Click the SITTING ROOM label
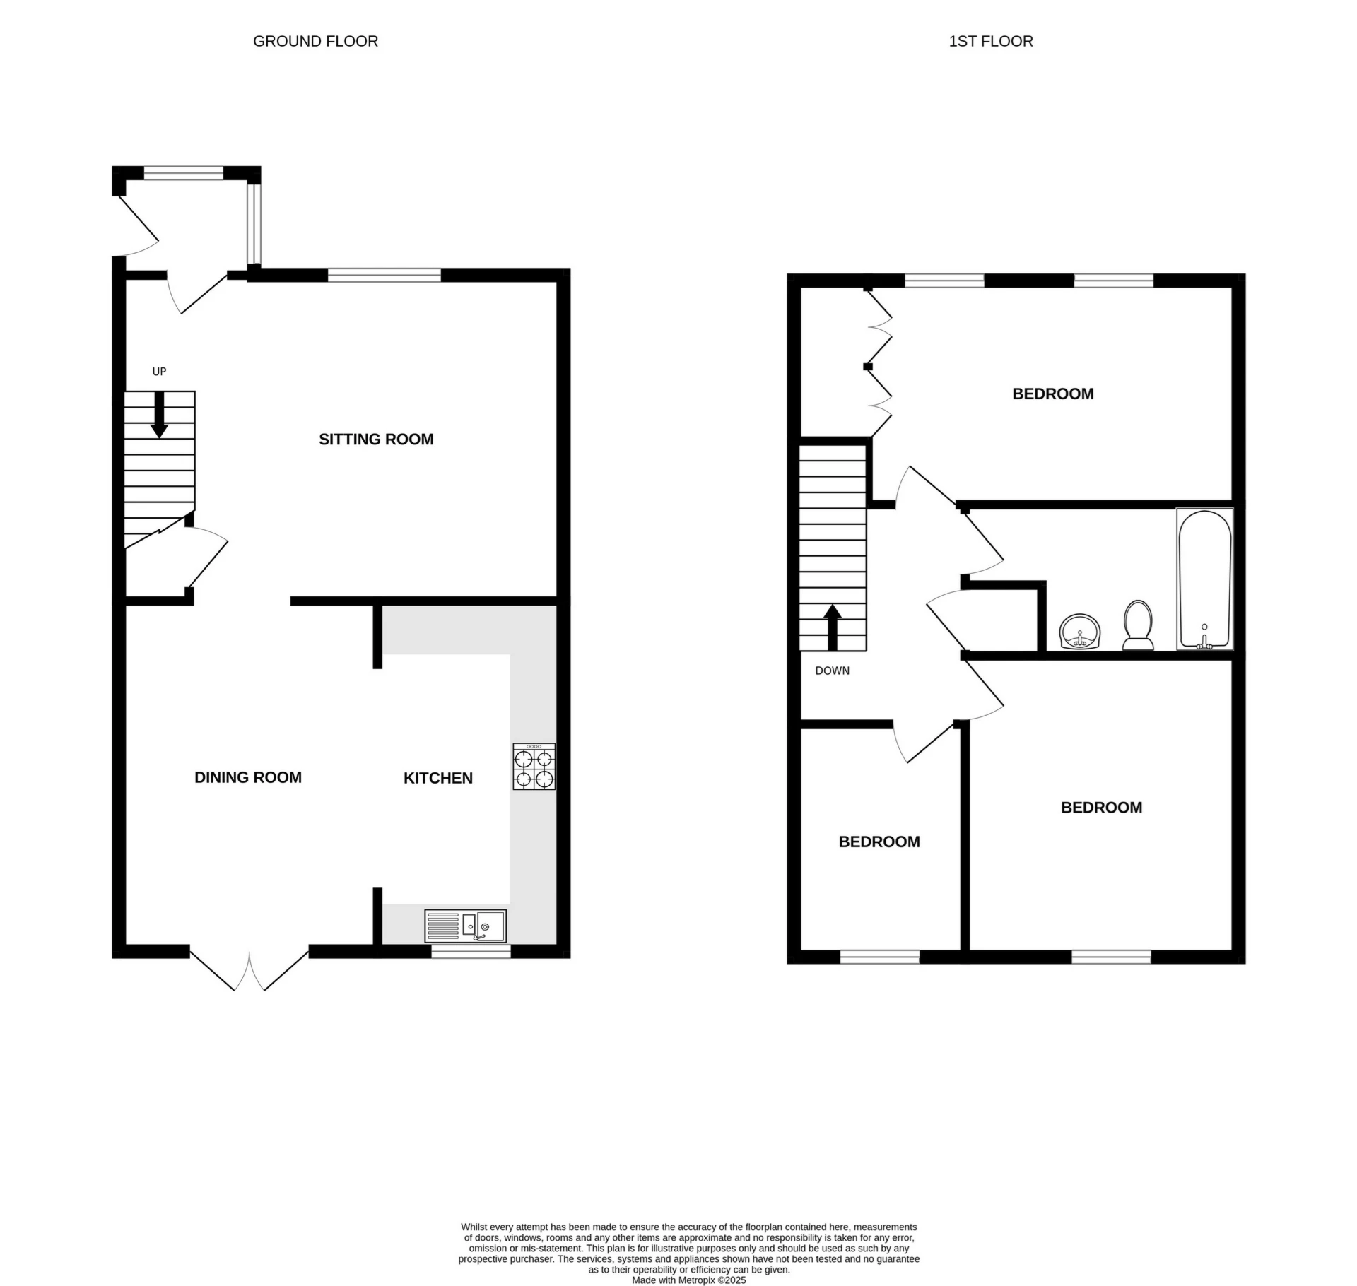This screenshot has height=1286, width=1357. [x=376, y=440]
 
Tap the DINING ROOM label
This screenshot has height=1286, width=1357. [x=248, y=777]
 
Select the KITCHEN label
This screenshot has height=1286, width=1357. [x=437, y=778]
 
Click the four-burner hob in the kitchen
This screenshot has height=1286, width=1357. [x=534, y=766]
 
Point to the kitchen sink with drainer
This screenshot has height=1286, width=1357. [x=465, y=926]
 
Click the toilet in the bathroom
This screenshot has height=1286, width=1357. [x=1138, y=625]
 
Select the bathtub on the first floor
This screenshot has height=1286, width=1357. [x=1204, y=579]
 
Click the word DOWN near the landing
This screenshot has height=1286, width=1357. [x=832, y=671]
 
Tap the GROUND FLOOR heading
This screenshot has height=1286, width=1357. [x=315, y=42]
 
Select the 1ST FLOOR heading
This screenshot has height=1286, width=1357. [x=990, y=42]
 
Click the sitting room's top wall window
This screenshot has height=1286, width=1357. [x=384, y=275]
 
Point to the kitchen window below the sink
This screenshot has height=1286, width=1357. [x=471, y=952]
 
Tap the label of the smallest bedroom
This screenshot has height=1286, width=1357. [x=879, y=842]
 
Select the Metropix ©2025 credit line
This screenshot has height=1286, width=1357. [x=688, y=1280]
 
